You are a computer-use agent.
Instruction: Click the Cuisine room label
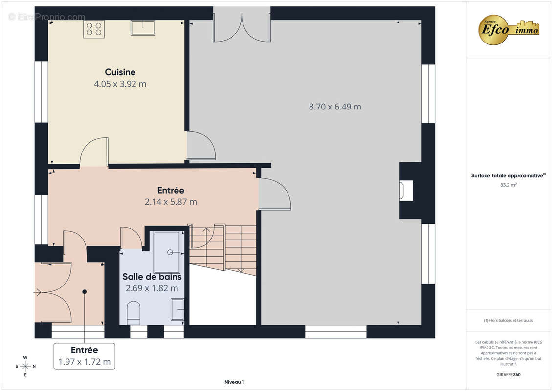[120, 72]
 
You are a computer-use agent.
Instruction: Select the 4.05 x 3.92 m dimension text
[120, 84]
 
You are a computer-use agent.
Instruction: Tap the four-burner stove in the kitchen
[94, 29]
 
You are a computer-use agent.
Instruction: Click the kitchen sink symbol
[143, 28]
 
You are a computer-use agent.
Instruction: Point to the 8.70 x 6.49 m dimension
[335, 107]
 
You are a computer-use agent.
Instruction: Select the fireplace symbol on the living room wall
[406, 191]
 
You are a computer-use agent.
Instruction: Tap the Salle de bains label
[152, 277]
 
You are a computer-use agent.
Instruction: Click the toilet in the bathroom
[133, 312]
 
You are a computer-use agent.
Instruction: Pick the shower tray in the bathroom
[167, 252]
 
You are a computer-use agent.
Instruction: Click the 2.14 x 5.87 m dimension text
[171, 202]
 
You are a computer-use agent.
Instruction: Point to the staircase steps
[223, 249]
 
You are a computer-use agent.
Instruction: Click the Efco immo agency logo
[509, 30]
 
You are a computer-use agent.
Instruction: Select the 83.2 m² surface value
[508, 185]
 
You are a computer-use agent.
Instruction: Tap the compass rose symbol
[25, 366]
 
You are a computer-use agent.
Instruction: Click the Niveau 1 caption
[234, 382]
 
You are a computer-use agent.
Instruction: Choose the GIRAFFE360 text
[508, 375]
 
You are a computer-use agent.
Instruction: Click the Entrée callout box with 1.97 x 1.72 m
[84, 356]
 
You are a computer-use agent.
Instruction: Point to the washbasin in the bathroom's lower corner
[177, 309]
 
